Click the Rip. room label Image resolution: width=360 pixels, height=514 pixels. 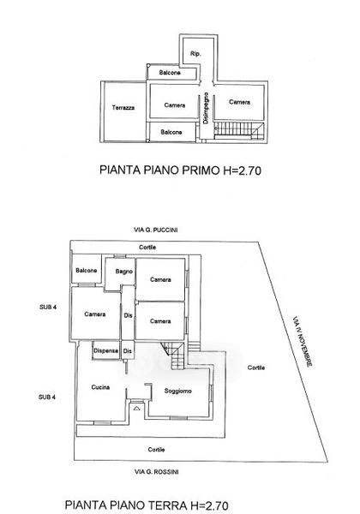195,54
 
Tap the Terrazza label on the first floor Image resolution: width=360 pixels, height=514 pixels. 123,108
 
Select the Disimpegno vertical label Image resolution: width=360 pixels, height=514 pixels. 206,108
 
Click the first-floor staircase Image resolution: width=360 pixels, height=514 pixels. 239,130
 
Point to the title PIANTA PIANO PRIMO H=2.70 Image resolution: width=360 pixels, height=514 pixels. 180,170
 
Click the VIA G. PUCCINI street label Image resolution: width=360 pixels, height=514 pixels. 156,230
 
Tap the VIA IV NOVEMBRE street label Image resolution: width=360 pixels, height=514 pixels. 303,341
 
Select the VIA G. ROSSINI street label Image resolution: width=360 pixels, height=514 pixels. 156,472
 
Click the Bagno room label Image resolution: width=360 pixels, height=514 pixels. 124,272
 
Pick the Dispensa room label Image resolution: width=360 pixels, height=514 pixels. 105,350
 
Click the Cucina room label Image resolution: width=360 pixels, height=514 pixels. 100,387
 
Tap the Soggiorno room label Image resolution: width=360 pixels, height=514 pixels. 177,391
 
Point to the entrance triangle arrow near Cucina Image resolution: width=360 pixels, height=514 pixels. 136,409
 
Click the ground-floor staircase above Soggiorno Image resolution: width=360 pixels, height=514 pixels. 174,356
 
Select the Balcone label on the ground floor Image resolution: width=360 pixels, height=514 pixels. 87,271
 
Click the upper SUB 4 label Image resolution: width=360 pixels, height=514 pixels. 48,308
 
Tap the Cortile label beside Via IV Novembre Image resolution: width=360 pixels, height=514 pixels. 256,368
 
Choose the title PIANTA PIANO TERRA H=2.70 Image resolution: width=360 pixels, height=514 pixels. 147,505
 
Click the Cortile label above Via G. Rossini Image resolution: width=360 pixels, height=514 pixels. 156,450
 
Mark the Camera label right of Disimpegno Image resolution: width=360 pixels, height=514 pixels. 240,102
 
